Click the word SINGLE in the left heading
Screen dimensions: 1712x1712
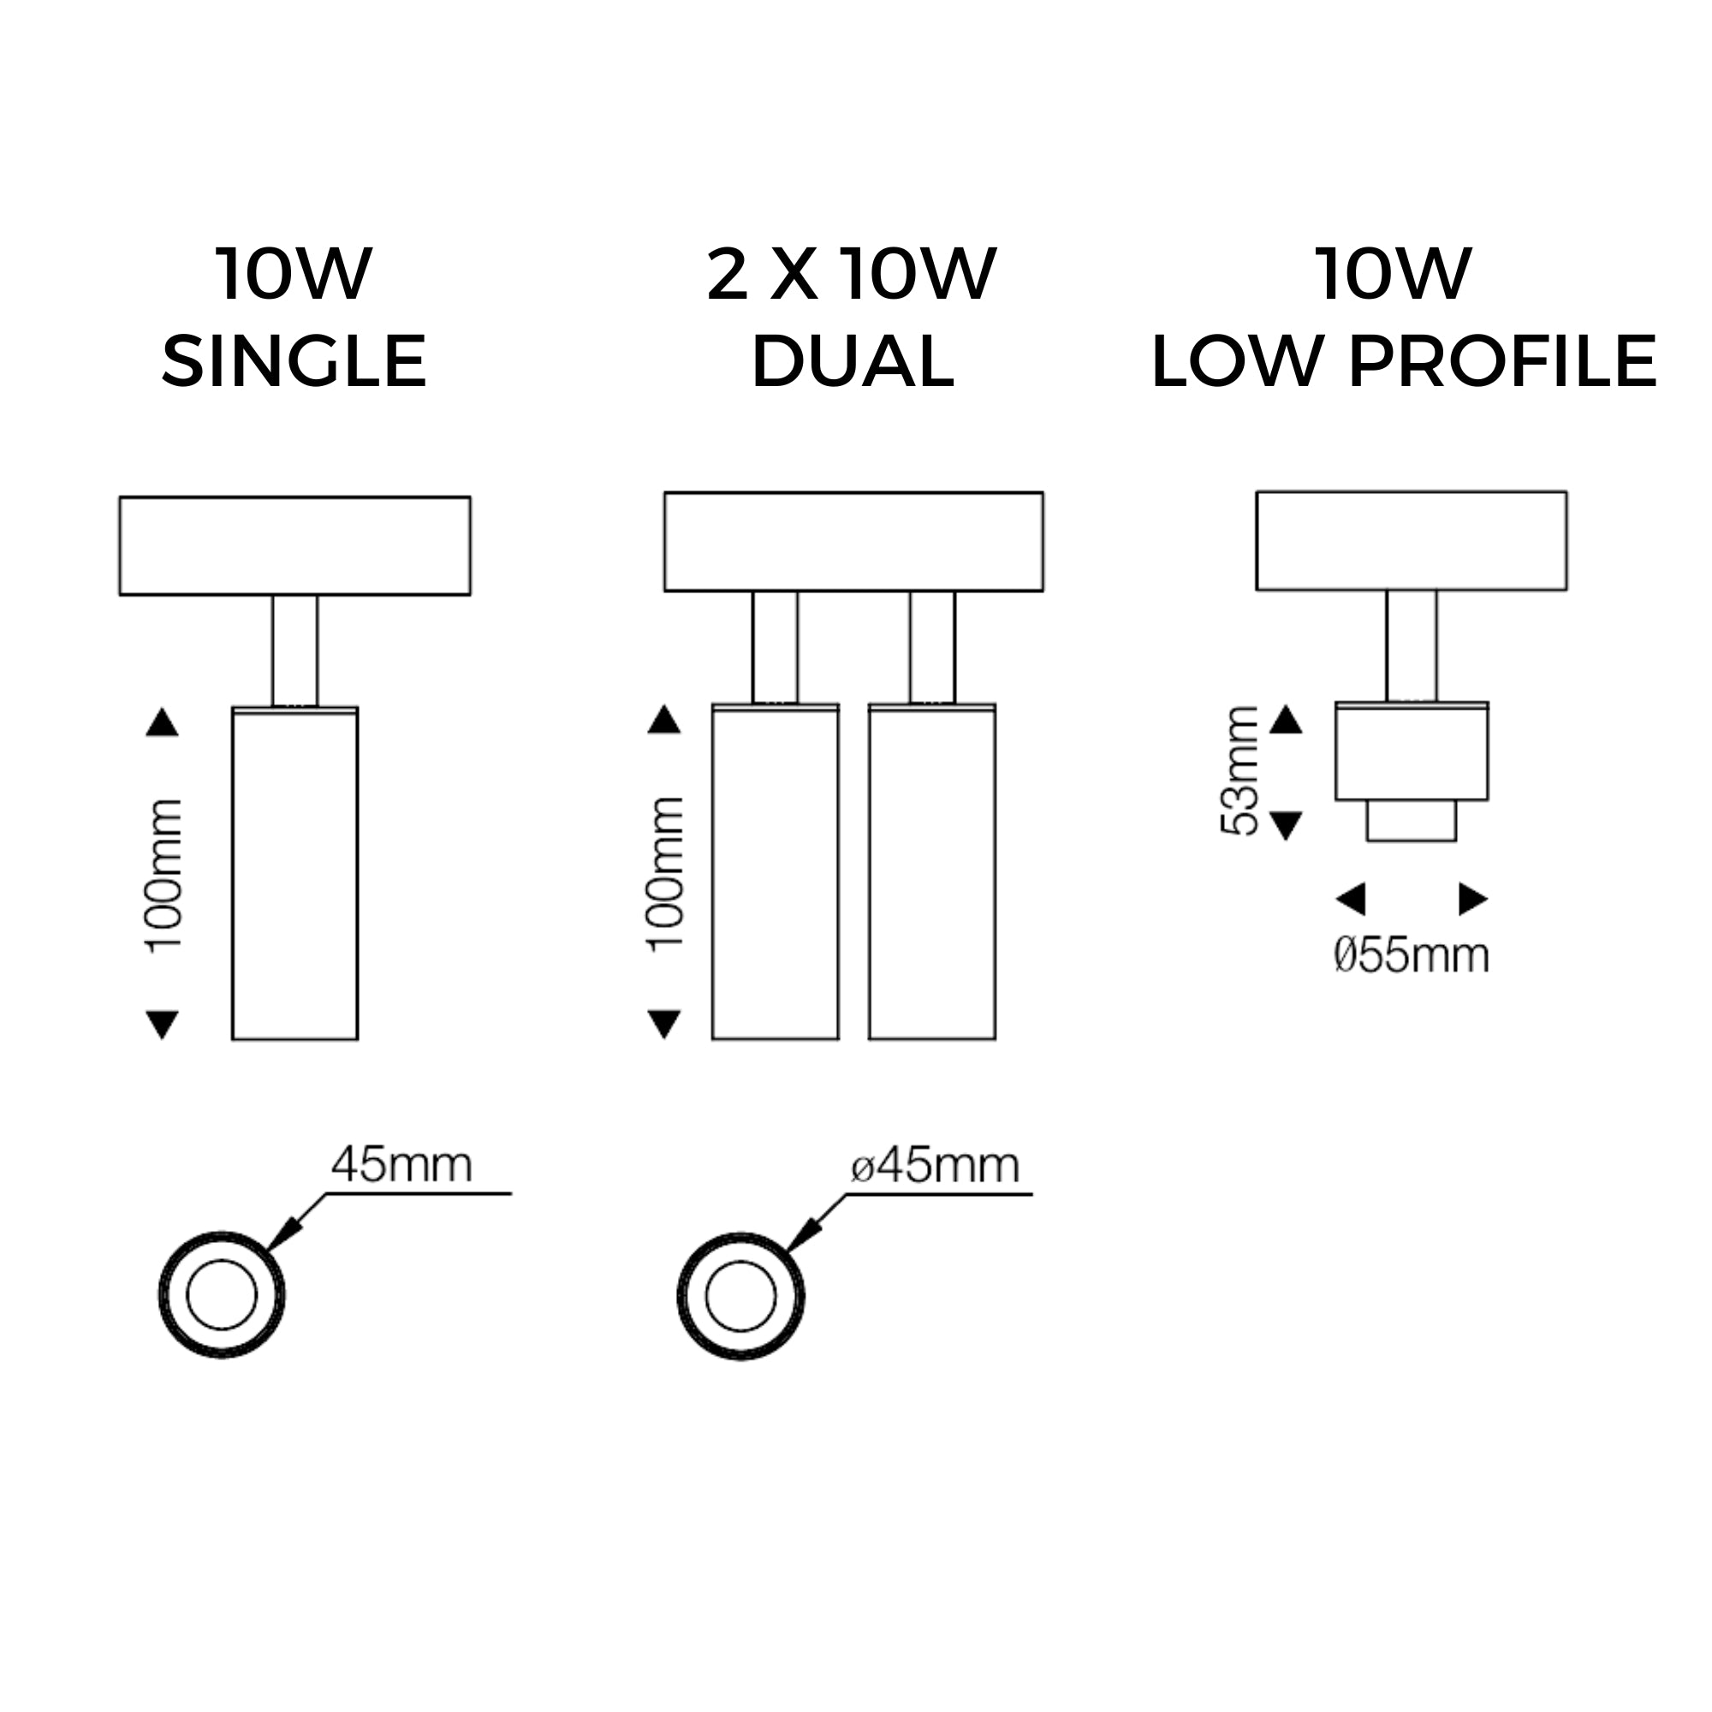[x=294, y=361]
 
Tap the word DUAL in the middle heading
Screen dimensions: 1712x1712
[x=853, y=361]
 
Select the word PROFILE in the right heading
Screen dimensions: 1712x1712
[x=1502, y=361]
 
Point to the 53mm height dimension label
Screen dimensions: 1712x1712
[x=1239, y=770]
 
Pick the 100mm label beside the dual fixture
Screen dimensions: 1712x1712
[x=665, y=875]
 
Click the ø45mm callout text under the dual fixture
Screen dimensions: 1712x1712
[x=935, y=1165]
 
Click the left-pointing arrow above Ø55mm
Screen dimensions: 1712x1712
[x=1351, y=899]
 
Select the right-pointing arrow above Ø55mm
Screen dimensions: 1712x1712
[x=1472, y=899]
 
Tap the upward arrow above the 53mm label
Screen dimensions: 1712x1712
[x=1287, y=720]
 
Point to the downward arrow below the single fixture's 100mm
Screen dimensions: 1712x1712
[x=162, y=1025]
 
